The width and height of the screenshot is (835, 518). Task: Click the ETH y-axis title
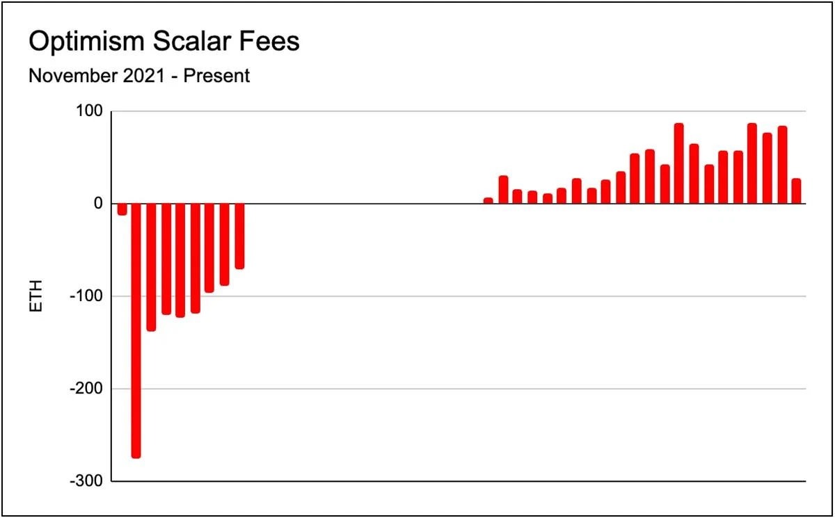click(37, 296)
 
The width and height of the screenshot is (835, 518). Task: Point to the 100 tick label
click(90, 111)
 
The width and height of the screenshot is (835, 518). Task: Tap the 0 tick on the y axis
click(98, 204)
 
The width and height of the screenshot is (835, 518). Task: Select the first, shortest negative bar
click(122, 209)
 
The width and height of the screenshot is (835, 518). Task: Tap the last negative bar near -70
click(239, 236)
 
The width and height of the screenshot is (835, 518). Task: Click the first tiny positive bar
click(488, 201)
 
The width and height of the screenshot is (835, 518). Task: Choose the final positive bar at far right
click(796, 191)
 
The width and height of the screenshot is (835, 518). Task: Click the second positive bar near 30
click(503, 190)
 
